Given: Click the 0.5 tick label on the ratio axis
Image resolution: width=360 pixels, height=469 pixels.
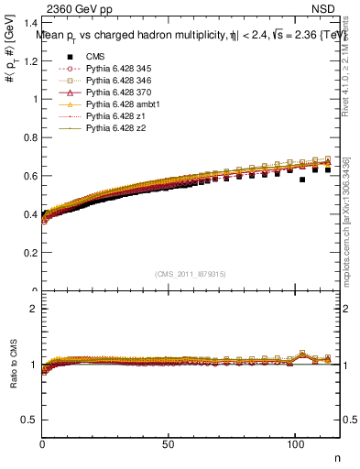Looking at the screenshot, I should point(32,420).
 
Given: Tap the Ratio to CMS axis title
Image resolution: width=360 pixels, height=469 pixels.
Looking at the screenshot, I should point(14,366).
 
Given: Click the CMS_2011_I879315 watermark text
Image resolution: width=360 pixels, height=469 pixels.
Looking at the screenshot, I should point(191,274).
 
